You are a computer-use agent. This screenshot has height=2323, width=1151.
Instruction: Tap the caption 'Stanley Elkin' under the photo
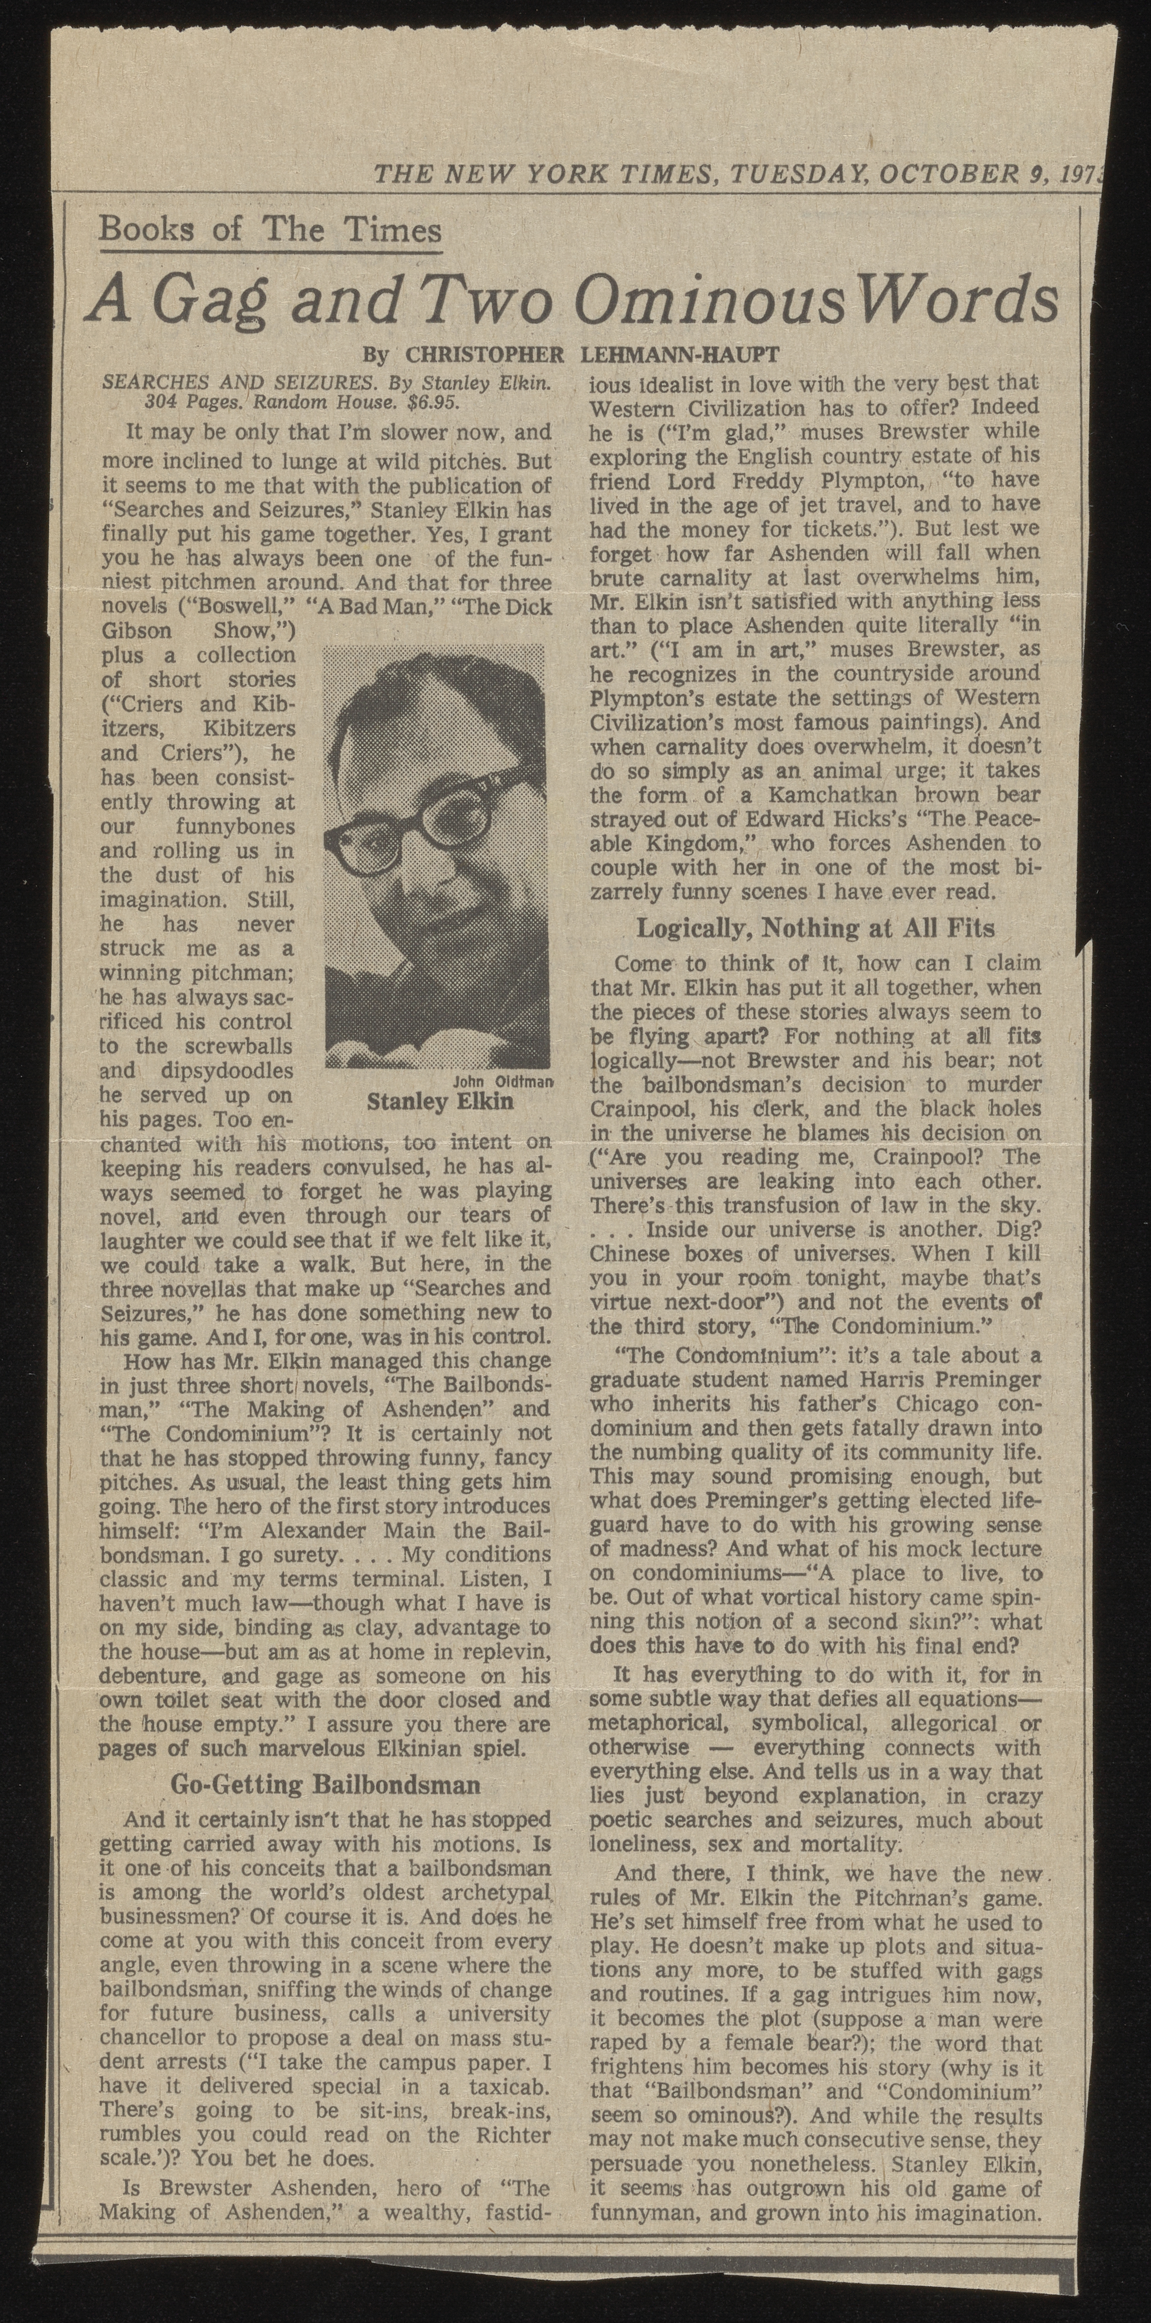tap(440, 1102)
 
